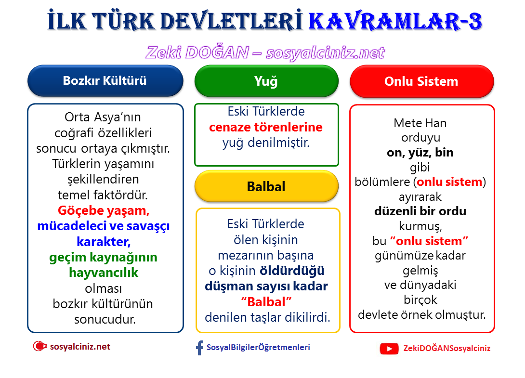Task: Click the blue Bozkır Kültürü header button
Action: (x=105, y=80)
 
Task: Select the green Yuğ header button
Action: (x=266, y=81)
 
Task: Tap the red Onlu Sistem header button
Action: (x=421, y=81)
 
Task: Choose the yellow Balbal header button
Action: (x=266, y=186)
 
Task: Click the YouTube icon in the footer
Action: (x=389, y=348)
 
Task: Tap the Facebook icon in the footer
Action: (x=199, y=348)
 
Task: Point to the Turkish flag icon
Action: (x=39, y=346)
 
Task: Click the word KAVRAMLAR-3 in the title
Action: (x=394, y=22)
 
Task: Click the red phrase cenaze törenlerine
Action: (x=266, y=128)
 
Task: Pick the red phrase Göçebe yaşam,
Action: (x=104, y=210)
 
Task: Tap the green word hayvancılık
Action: (x=104, y=273)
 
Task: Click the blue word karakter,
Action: (x=104, y=241)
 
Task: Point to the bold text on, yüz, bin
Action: (x=420, y=153)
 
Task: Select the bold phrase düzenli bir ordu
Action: (x=420, y=211)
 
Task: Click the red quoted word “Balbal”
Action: (x=267, y=302)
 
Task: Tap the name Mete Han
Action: (x=420, y=123)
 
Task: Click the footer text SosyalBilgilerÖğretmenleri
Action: (x=258, y=347)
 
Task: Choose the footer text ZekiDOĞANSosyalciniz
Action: (x=446, y=348)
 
